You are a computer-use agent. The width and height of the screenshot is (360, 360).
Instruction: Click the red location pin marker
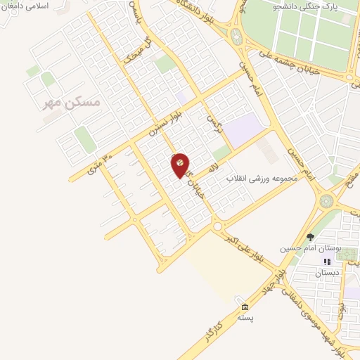[180, 165]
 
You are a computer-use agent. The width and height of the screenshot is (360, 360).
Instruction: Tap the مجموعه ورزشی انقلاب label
[268, 179]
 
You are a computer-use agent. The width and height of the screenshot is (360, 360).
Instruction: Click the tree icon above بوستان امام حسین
[311, 237]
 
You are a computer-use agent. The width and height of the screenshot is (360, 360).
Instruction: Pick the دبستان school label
[326, 272]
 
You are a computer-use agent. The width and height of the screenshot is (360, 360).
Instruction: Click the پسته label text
[245, 318]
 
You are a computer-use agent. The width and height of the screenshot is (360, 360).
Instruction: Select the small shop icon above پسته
[245, 307]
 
